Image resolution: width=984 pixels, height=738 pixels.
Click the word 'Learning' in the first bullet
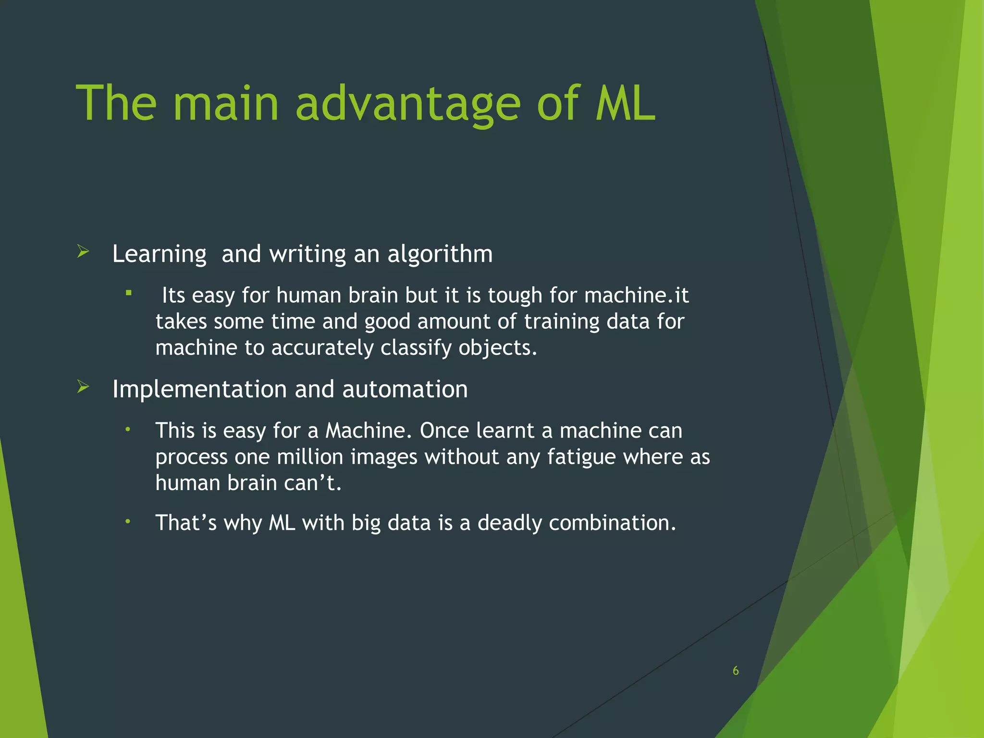[x=159, y=255]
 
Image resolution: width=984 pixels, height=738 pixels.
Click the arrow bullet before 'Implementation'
[x=83, y=386]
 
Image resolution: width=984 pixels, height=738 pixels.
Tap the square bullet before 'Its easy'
[x=128, y=292]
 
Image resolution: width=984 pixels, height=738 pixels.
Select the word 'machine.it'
[x=636, y=295]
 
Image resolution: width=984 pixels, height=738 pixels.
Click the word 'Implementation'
[x=199, y=389]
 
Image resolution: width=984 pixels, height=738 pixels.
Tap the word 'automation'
[x=405, y=389]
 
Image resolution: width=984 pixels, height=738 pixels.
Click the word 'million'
[x=310, y=456]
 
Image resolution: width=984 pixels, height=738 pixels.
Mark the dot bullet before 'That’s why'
[x=128, y=521]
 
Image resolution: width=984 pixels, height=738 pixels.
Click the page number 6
[x=735, y=671]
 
